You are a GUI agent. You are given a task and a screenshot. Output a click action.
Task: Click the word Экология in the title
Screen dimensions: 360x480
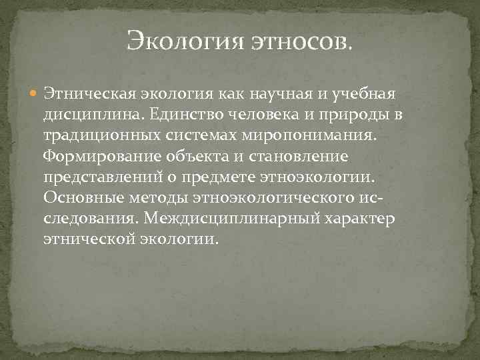click(x=185, y=41)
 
